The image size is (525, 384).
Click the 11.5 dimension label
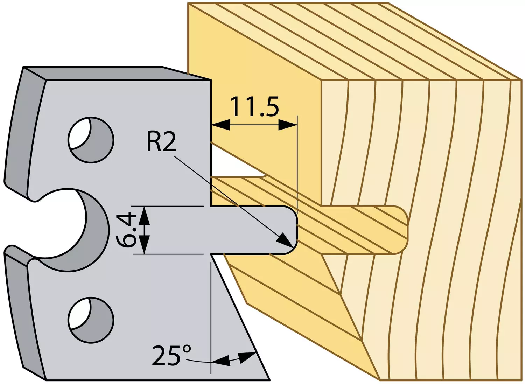[x=255, y=107]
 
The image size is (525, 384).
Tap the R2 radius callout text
[x=161, y=143]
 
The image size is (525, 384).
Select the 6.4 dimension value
[x=127, y=230]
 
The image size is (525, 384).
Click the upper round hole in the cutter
[x=91, y=140]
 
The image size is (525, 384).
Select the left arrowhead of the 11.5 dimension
[x=220, y=125]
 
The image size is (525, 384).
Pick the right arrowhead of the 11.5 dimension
[x=288, y=125]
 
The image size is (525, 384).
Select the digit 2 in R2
[x=169, y=143]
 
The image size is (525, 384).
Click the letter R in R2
[x=154, y=143]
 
